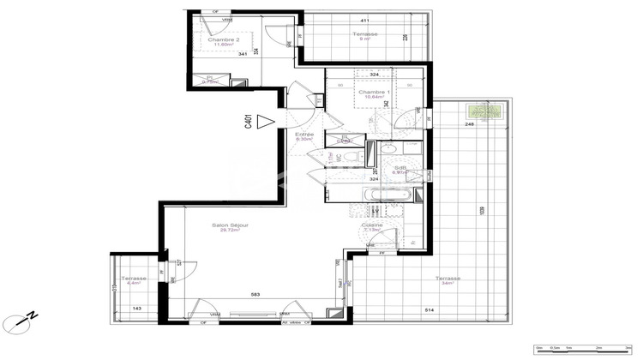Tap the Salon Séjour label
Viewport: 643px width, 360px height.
point(231,228)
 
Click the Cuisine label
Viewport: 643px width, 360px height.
point(372,227)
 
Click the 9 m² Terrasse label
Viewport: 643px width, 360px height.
point(365,36)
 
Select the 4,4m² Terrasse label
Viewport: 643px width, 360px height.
point(134,281)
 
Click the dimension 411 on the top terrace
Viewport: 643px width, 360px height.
point(364,21)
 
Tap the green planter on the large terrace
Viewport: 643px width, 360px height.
point(484,113)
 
